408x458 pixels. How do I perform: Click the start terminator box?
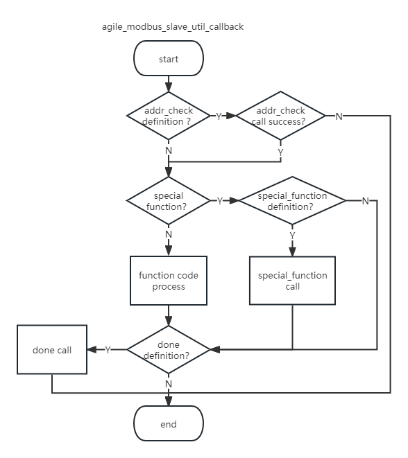pyautogui.click(x=169, y=59)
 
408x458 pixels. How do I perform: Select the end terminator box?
pyautogui.click(x=169, y=424)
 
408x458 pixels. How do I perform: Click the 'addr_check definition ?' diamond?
pyautogui.click(x=168, y=116)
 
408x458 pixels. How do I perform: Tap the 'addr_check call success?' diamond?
pyautogui.click(x=280, y=116)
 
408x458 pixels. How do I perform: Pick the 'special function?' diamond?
pyautogui.click(x=168, y=201)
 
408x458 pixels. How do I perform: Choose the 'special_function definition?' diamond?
pyautogui.click(x=292, y=201)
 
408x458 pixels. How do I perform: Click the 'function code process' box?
pyautogui.click(x=169, y=281)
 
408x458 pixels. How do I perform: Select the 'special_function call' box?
pyautogui.click(x=292, y=281)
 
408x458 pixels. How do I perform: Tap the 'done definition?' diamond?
pyautogui.click(x=169, y=350)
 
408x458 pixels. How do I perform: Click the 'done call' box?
pyautogui.click(x=52, y=350)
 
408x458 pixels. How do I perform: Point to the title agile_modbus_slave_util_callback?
pyautogui.click(x=173, y=27)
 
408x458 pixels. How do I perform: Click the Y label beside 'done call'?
pyautogui.click(x=108, y=350)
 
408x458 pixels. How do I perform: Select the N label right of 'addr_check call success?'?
pyautogui.click(x=339, y=116)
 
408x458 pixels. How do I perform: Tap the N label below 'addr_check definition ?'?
pyautogui.click(x=169, y=150)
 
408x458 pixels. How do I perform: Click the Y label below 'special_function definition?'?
pyautogui.click(x=292, y=236)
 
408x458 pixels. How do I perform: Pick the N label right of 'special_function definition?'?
pyautogui.click(x=365, y=201)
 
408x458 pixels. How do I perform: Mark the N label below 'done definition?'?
pyautogui.click(x=169, y=383)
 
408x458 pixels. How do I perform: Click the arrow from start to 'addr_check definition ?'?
pyautogui.click(x=169, y=84)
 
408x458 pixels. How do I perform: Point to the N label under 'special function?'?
pyautogui.click(x=169, y=234)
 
